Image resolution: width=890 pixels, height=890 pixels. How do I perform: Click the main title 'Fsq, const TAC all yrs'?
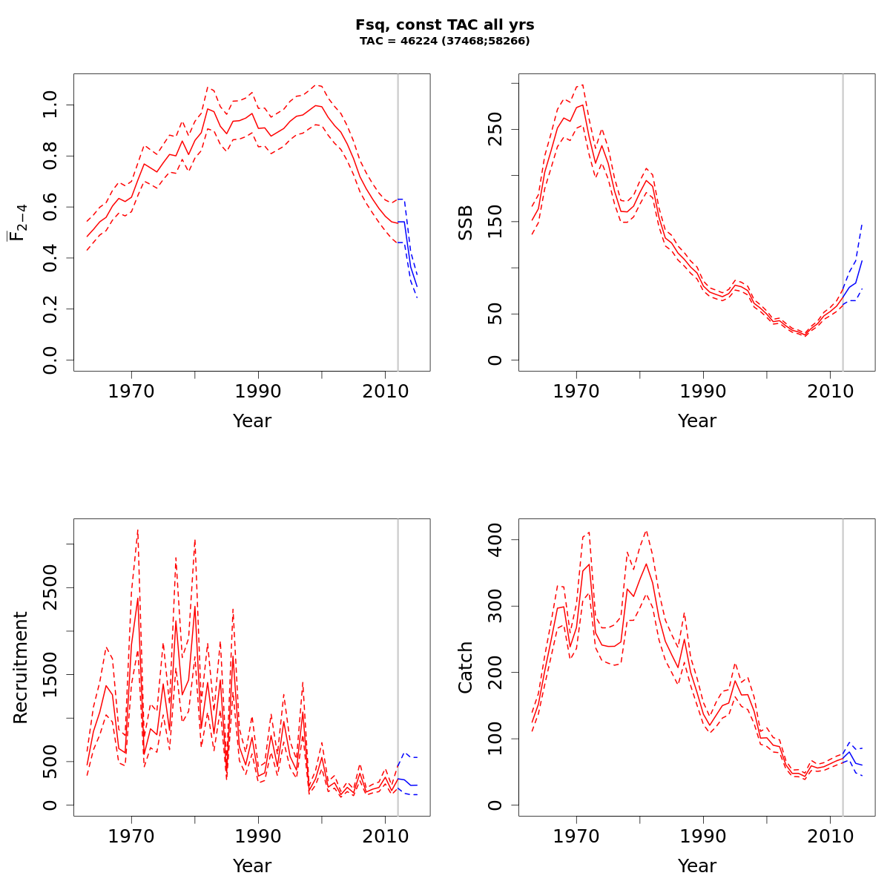point(445,24)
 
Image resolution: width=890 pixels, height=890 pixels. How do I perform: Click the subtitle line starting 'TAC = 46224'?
point(445,42)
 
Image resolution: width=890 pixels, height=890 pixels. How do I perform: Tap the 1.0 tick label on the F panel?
point(50,105)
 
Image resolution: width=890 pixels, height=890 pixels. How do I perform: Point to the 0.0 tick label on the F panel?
point(50,360)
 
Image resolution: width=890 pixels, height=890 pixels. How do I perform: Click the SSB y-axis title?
point(465,222)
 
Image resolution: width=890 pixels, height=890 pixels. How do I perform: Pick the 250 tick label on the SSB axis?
point(495,129)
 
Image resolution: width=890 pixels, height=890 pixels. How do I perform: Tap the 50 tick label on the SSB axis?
point(495,314)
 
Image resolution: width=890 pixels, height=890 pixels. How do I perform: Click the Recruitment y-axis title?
point(20,667)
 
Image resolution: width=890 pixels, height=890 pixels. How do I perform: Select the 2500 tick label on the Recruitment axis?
point(50,587)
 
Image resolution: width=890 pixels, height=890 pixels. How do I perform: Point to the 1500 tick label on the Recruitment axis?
point(50,674)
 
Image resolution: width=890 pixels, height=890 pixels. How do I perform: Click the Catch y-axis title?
point(465,667)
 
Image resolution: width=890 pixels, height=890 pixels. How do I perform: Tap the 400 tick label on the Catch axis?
point(495,539)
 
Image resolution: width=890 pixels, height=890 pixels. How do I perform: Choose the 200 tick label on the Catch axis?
point(495,672)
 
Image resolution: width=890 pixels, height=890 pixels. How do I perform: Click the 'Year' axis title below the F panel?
point(252,421)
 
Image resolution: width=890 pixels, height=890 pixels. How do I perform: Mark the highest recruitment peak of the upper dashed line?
point(138,530)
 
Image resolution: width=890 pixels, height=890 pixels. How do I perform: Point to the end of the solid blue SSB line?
point(862,261)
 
